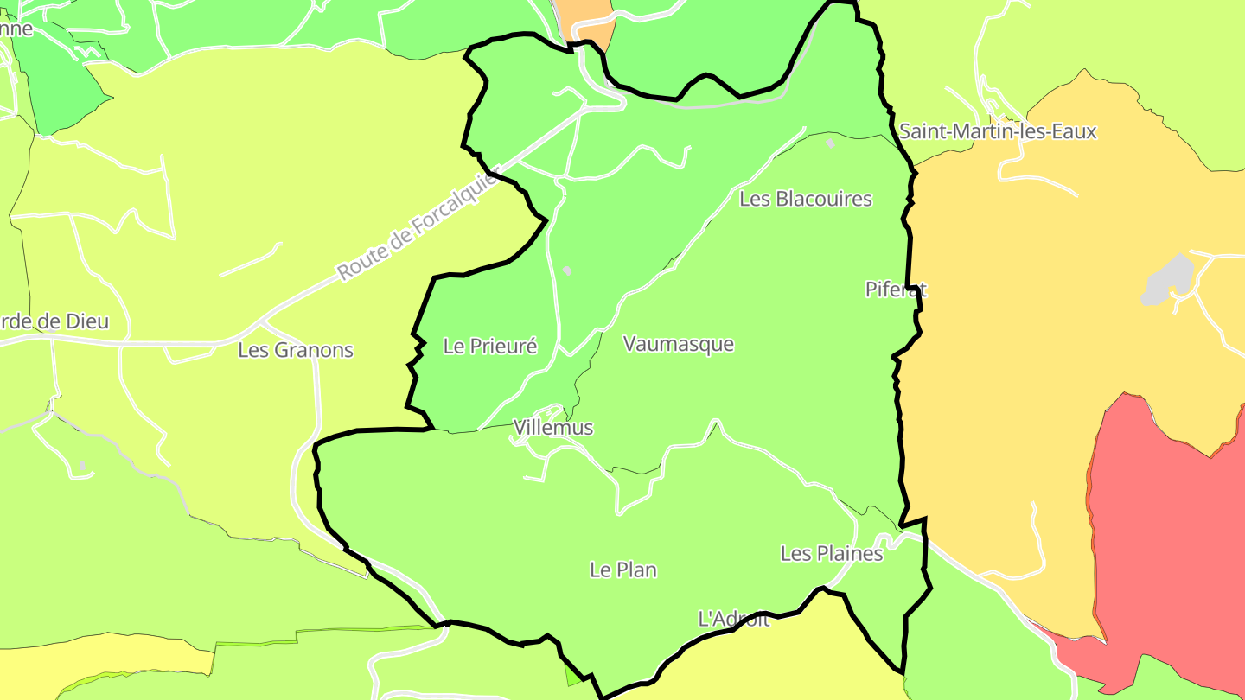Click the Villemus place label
click(553, 428)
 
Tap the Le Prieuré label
click(490, 347)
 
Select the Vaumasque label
click(679, 344)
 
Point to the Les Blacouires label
click(806, 199)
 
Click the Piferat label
click(896, 290)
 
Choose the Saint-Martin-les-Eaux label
click(998, 131)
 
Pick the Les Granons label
click(296, 350)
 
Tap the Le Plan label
click(623, 570)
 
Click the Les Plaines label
click(832, 553)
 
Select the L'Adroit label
click(733, 619)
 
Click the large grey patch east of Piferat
click(1169, 278)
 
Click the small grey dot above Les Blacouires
click(831, 143)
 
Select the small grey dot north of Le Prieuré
click(567, 270)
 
